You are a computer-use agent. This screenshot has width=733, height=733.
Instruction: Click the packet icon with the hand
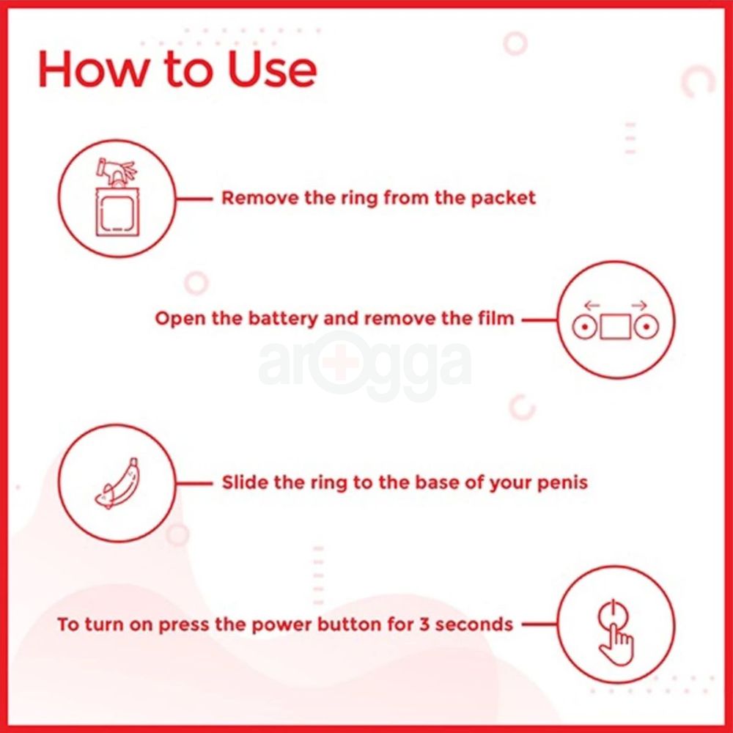point(117,198)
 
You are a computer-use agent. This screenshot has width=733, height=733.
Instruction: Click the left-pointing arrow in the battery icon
point(592,306)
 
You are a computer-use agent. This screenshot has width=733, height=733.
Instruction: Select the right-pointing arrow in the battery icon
point(639,306)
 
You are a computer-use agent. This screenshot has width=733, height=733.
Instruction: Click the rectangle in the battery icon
point(615,326)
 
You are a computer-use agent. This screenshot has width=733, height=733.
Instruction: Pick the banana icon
point(117,483)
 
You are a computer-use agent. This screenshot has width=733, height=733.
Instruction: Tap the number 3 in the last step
point(424,624)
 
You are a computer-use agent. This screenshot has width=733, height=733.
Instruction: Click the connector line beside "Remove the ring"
point(194,199)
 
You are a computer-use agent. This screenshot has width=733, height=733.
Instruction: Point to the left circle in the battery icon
point(584,327)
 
